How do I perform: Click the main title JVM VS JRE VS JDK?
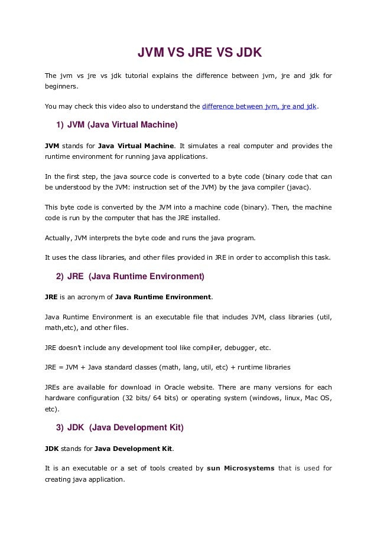pos(199,55)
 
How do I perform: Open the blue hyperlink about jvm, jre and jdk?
pos(259,107)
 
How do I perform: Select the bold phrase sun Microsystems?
pos(241,469)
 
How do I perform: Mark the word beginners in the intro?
pos(61,87)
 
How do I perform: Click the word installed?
pos(202,217)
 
